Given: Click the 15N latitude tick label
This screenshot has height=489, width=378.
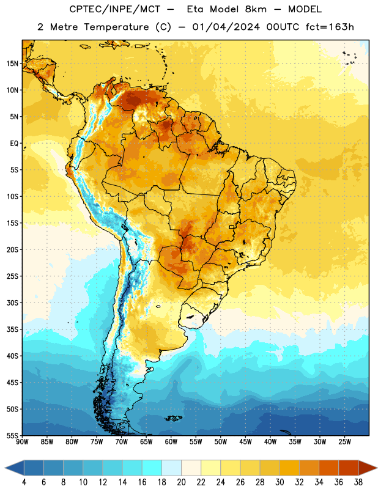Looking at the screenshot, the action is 12,64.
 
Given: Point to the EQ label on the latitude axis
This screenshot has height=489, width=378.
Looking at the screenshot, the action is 14,144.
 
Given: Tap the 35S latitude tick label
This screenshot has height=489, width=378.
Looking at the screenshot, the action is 12,329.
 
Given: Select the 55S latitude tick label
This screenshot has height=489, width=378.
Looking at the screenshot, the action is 12,435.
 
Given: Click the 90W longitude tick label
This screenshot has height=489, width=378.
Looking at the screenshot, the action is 22,441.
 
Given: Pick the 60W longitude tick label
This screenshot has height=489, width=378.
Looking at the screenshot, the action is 171,441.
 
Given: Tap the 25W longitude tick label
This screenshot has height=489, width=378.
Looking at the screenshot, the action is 344,441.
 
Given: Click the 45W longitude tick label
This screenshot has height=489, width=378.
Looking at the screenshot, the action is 245,441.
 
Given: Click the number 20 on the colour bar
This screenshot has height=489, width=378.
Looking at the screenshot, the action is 181,482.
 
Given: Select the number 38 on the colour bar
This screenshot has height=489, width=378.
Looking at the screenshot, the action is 358,482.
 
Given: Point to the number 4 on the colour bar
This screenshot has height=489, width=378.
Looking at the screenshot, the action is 24,482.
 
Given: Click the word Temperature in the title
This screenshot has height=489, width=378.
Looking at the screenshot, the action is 116,27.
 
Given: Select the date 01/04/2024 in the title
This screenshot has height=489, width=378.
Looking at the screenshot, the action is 226,27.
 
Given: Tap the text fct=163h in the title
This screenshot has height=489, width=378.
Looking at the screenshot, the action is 330,27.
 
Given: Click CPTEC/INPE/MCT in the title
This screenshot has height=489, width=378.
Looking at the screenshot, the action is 114,9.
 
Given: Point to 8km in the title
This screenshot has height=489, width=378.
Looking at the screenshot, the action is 256,9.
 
